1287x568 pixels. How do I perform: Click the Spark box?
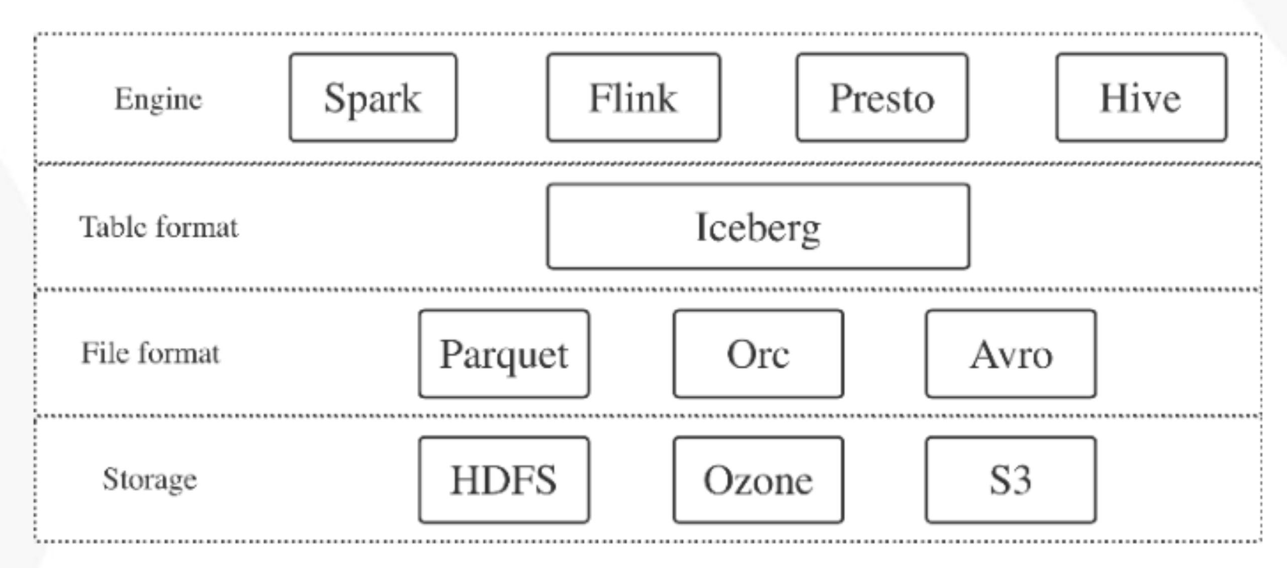point(373,98)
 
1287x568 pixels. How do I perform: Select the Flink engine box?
point(633,98)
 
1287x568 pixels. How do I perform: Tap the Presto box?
point(882,98)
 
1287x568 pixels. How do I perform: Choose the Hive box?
point(1141,98)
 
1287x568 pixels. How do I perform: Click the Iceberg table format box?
point(758,227)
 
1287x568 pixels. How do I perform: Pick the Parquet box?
point(504,354)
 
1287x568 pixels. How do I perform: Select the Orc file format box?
point(758,354)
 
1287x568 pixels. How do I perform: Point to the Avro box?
point(1010,354)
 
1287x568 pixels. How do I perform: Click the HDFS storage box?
point(504,480)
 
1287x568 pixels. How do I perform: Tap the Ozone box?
point(758,480)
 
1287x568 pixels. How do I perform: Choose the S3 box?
point(1010,480)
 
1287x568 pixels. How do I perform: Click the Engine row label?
point(158,99)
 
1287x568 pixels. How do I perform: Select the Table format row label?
point(158,227)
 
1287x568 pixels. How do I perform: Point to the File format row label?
point(150,353)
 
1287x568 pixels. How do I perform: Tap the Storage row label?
point(150,479)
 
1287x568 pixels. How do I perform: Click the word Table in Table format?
point(110,227)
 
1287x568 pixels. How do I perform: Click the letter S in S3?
point(999,480)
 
